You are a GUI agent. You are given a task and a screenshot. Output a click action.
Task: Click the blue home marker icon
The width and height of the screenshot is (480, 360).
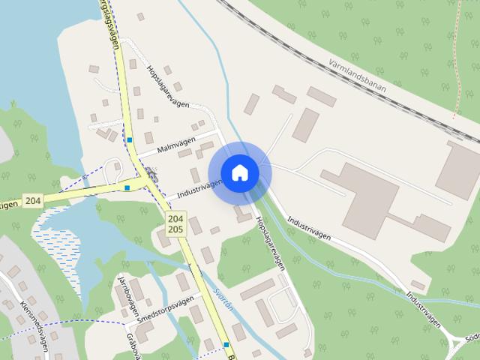point(239,172)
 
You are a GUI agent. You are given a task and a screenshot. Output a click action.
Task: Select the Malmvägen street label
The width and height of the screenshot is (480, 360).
point(176,145)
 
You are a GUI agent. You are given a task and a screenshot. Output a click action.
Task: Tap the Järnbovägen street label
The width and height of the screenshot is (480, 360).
point(124,292)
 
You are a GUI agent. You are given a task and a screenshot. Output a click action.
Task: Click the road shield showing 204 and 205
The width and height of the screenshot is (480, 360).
point(176,223)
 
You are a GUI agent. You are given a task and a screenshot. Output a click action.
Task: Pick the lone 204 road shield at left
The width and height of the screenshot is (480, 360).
point(32,200)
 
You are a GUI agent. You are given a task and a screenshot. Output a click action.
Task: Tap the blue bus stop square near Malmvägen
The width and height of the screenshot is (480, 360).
point(130,139)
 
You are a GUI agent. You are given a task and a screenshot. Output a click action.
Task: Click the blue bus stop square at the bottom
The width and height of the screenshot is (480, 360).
point(226,344)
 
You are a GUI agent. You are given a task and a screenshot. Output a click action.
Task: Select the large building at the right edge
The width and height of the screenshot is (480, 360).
point(457,169)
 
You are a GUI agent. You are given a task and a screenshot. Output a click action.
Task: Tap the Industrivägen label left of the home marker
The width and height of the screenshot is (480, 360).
point(200,188)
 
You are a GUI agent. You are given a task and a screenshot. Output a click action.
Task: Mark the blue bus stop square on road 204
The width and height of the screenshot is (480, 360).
point(127,187)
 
